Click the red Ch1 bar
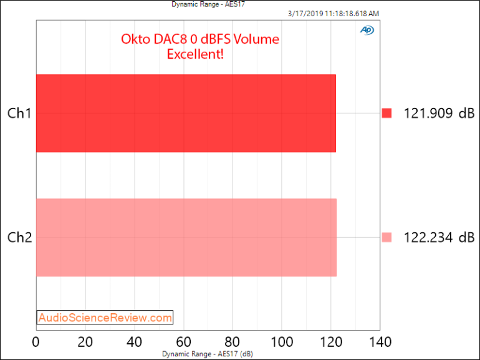pyautogui.click(x=186, y=113)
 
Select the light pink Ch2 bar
pyautogui.click(x=186, y=237)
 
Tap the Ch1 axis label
pyautogui.click(x=19, y=114)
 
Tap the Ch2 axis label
pyautogui.click(x=19, y=237)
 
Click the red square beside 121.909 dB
pyautogui.click(x=386, y=113)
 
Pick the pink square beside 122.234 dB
pyautogui.click(x=386, y=237)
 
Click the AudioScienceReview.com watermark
pyautogui.click(x=105, y=318)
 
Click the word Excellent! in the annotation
pyautogui.click(x=196, y=54)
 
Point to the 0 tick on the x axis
pyautogui.click(x=36, y=342)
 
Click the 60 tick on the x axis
pyautogui.click(x=183, y=342)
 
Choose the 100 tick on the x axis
pyautogui.click(x=282, y=342)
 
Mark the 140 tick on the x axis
pyautogui.click(x=380, y=342)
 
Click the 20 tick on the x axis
pyautogui.click(x=85, y=342)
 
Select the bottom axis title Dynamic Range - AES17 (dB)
pyautogui.click(x=208, y=354)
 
